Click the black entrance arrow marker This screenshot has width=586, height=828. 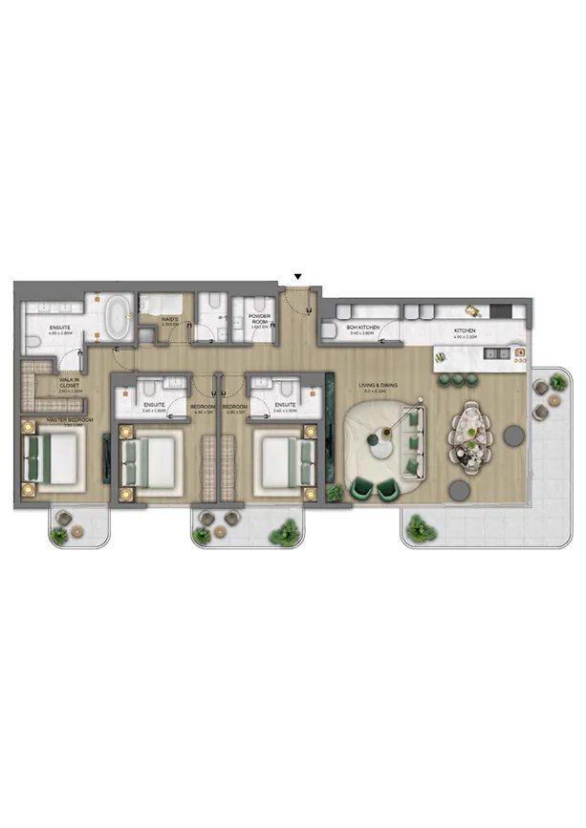(x=298, y=277)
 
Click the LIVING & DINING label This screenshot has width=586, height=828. (x=378, y=386)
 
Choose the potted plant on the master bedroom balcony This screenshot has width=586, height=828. (x=60, y=535)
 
